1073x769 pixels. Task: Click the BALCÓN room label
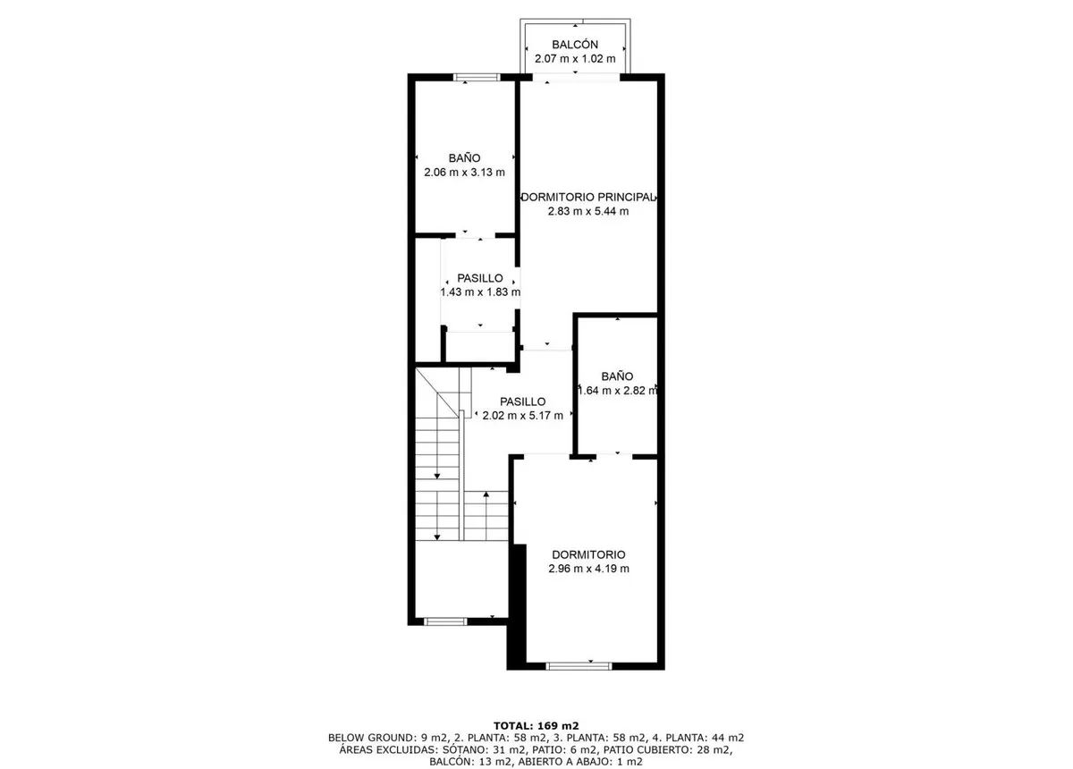click(575, 45)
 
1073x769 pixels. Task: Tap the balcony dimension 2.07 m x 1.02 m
click(575, 59)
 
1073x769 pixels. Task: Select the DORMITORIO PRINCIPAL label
click(587, 197)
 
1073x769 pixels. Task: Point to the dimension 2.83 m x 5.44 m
click(588, 211)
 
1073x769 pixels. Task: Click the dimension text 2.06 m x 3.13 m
click(464, 173)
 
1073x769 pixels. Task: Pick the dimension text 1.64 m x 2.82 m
click(618, 391)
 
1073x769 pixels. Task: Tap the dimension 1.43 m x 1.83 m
click(480, 292)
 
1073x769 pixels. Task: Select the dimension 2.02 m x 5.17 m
click(522, 416)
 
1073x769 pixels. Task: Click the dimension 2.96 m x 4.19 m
click(588, 569)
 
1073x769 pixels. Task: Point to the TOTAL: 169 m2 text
click(536, 726)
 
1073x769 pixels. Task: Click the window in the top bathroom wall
click(477, 77)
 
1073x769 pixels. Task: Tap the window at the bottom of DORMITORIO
click(579, 666)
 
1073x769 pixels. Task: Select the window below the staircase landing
click(445, 622)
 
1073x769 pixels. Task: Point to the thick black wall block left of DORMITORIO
click(517, 606)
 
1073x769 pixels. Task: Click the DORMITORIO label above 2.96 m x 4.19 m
click(588, 554)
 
